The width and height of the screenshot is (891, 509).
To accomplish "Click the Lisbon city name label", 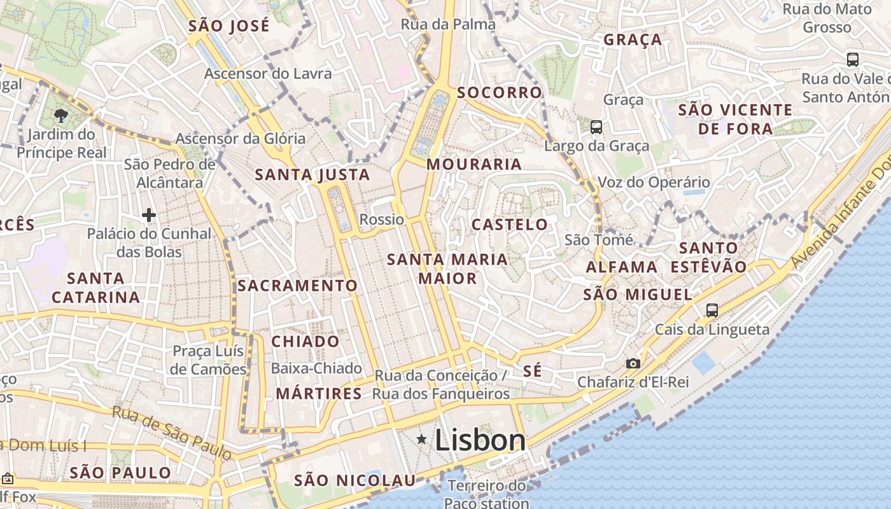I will coord(480,440).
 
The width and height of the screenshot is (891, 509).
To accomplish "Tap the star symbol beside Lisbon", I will coord(421,439).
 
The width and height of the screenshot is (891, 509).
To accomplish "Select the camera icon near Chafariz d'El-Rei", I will coord(633,363).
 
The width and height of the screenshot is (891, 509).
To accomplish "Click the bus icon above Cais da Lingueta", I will coord(712,310).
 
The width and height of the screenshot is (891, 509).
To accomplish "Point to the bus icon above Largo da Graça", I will coord(596,127).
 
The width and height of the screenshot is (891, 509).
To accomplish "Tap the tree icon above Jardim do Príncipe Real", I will coord(61,115).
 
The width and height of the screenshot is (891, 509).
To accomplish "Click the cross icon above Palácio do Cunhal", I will coord(149,215).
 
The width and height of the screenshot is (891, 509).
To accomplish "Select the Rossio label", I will coord(382,220).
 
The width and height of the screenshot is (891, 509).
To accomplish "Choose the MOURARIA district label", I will coord(474,164).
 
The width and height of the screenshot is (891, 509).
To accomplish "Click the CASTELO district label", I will coord(509,224).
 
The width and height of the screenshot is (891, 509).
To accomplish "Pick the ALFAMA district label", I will coord(622,267).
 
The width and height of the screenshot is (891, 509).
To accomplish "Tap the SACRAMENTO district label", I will coord(298,286).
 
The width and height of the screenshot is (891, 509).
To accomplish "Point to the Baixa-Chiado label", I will coord(316,368).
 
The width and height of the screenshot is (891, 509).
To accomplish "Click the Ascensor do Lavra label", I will coord(268,74).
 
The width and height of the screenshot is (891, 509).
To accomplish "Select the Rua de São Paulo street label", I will coord(172,432).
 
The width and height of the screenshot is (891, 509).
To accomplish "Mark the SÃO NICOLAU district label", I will coord(354,480).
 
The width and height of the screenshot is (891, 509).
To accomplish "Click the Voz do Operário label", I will coord(654,183).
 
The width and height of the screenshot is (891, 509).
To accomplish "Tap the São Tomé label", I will coord(599,240).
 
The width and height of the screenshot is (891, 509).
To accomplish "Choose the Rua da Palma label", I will coord(448,25).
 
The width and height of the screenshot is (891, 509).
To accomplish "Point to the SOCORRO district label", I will coord(500,92).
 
